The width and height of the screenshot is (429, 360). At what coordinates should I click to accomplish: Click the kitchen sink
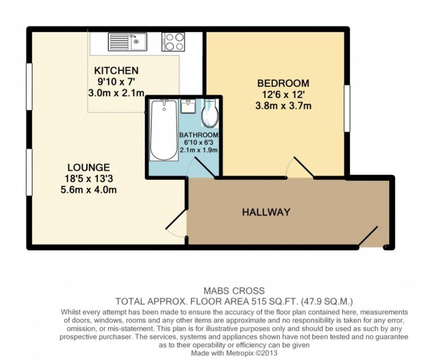pos(127,41)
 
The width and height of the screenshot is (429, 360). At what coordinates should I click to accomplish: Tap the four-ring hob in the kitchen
pos(173,41)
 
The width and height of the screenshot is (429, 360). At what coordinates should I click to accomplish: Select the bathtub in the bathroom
pos(164,130)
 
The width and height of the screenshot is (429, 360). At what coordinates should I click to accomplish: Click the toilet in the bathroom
pos(209,113)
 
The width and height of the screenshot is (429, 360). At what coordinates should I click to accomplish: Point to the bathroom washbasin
pos(188,106)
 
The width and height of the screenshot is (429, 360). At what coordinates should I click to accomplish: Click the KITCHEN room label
pos(116,71)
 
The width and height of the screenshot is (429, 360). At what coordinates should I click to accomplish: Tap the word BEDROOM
pos(284,83)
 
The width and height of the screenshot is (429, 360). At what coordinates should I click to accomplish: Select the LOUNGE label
pos(89,167)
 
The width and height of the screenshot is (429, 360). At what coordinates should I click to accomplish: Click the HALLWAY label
pos(266,212)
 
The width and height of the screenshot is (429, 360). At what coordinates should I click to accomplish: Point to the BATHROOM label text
pos(199,135)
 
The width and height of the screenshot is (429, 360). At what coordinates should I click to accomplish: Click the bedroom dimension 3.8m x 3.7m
pos(284,106)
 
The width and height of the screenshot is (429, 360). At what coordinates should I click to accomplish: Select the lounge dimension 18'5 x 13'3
pos(89,179)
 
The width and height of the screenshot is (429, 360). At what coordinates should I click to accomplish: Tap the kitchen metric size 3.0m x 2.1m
pos(116,93)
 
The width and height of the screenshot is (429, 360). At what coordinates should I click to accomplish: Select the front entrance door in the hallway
pos(372,236)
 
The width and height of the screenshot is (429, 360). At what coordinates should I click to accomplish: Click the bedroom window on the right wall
pos(347,108)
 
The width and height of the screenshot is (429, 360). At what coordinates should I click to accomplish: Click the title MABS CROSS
pos(234,290)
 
